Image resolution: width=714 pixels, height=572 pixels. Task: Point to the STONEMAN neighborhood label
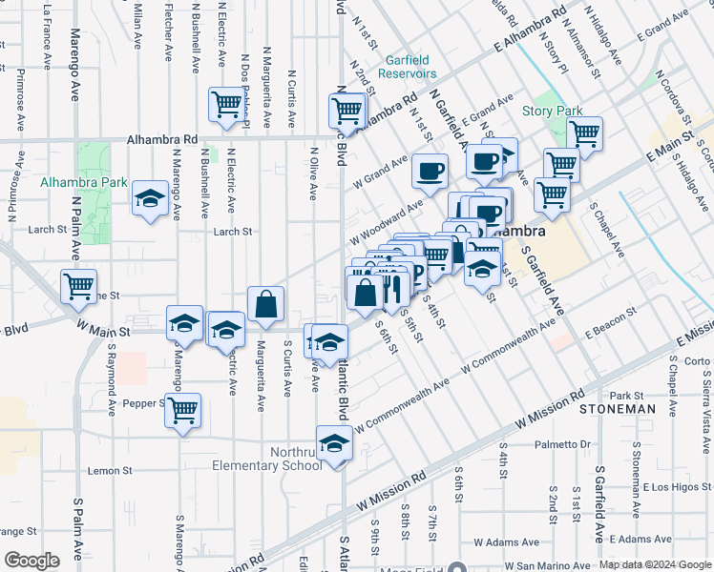(618, 409)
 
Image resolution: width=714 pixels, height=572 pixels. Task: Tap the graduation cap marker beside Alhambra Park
(149, 200)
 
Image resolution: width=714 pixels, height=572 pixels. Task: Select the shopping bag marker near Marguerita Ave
(266, 305)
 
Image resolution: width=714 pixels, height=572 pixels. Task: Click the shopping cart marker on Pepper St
(182, 412)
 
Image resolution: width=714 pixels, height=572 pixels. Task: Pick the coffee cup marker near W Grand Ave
(430, 172)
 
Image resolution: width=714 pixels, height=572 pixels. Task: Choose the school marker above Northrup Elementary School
(335, 445)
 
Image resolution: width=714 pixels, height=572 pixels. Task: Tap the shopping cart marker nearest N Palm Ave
(78, 286)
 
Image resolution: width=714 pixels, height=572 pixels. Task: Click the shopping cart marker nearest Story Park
(583, 134)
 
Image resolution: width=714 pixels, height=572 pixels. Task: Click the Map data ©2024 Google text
(654, 564)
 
